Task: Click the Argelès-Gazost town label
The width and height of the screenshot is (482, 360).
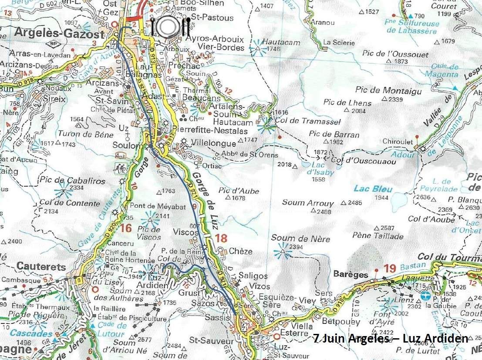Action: [60, 34]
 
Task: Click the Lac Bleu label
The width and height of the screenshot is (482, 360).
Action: [373, 189]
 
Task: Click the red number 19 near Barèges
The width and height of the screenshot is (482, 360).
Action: [389, 269]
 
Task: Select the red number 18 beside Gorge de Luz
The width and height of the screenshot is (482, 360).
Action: [221, 238]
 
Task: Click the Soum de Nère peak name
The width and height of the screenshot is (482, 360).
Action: [300, 239]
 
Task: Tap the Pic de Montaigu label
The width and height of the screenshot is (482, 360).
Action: [382, 91]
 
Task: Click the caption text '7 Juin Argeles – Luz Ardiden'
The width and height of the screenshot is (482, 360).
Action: [391, 338]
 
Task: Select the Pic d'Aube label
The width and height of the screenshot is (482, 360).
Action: [239, 191]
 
